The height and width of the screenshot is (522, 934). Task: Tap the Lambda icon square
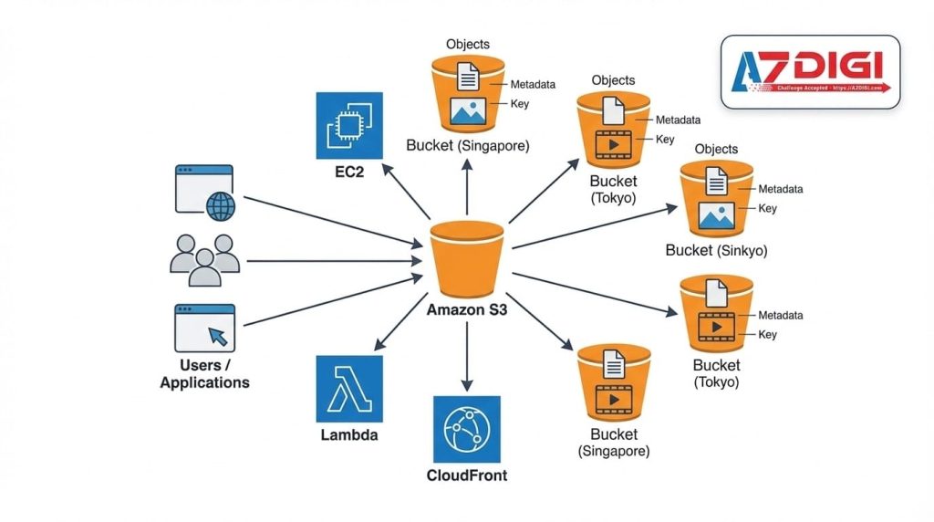click(349, 388)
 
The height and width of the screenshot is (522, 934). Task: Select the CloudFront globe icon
click(467, 429)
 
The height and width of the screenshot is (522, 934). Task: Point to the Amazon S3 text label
click(467, 310)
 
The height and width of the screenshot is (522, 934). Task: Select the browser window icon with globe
click(204, 192)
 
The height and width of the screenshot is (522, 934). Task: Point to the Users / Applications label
click(204, 373)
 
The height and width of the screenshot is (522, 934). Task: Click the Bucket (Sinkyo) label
click(716, 250)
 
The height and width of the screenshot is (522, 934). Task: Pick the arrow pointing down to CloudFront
click(467, 356)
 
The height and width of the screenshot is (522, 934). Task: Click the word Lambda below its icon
click(349, 435)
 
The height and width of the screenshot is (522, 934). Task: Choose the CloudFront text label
click(467, 475)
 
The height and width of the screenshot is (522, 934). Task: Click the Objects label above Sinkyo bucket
click(716, 149)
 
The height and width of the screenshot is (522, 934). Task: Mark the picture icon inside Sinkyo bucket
click(716, 215)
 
